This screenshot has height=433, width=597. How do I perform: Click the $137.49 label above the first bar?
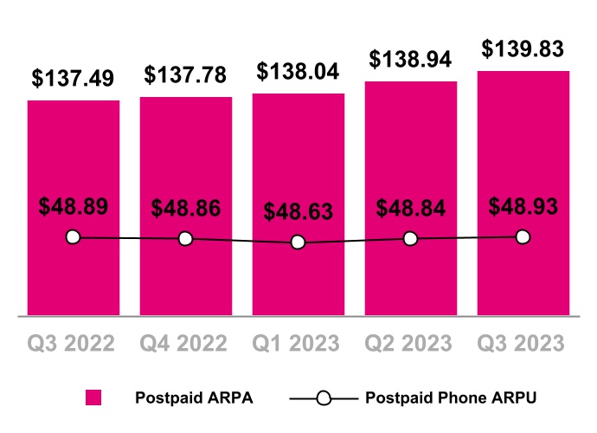click(74, 78)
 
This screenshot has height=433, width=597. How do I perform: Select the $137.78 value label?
click(186, 74)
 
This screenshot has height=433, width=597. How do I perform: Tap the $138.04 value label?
click(298, 71)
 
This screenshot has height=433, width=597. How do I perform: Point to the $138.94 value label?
click(411, 59)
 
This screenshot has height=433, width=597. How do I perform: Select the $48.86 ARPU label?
click(186, 209)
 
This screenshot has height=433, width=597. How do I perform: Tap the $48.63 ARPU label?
click(298, 212)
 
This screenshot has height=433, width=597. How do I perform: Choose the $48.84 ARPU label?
click(411, 209)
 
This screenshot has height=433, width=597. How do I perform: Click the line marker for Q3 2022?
click(73, 237)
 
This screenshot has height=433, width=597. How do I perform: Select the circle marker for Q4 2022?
click(185, 238)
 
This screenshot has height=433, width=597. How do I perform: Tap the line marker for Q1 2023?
click(298, 242)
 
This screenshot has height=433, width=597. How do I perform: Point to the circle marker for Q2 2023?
click(410, 239)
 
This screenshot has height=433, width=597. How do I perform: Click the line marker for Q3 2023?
click(523, 236)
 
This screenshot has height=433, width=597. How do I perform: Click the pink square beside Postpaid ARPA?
click(93, 398)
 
